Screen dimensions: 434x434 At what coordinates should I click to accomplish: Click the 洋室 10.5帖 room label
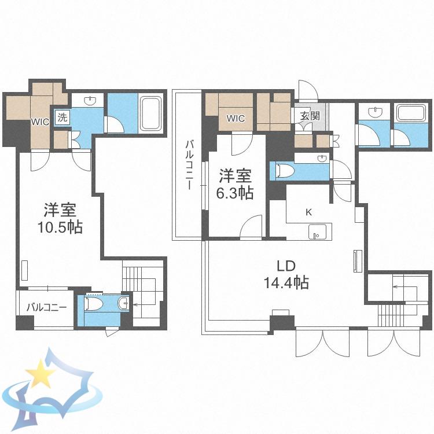[x=60, y=218]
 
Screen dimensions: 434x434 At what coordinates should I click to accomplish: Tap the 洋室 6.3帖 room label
[x=235, y=184]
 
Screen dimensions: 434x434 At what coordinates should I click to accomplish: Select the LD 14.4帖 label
[x=286, y=274]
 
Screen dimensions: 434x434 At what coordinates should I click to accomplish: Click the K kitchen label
[x=308, y=212]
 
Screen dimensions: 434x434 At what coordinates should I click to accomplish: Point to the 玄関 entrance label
[x=310, y=116]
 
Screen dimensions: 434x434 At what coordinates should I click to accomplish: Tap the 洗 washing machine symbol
[x=62, y=117]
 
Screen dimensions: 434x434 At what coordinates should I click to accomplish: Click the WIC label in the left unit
[x=40, y=122]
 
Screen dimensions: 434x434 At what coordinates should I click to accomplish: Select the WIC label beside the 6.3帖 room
[x=236, y=119]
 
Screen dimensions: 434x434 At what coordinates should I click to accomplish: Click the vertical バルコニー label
[x=189, y=165]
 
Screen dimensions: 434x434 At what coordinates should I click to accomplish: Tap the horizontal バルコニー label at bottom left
[x=47, y=307]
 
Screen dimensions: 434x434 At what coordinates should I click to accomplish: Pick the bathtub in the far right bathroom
[x=411, y=113]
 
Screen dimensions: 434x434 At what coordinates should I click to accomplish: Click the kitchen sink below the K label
[x=317, y=231]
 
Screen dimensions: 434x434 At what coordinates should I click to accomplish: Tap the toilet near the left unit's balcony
[x=94, y=304]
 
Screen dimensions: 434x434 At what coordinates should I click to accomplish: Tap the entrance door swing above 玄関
[x=308, y=90]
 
